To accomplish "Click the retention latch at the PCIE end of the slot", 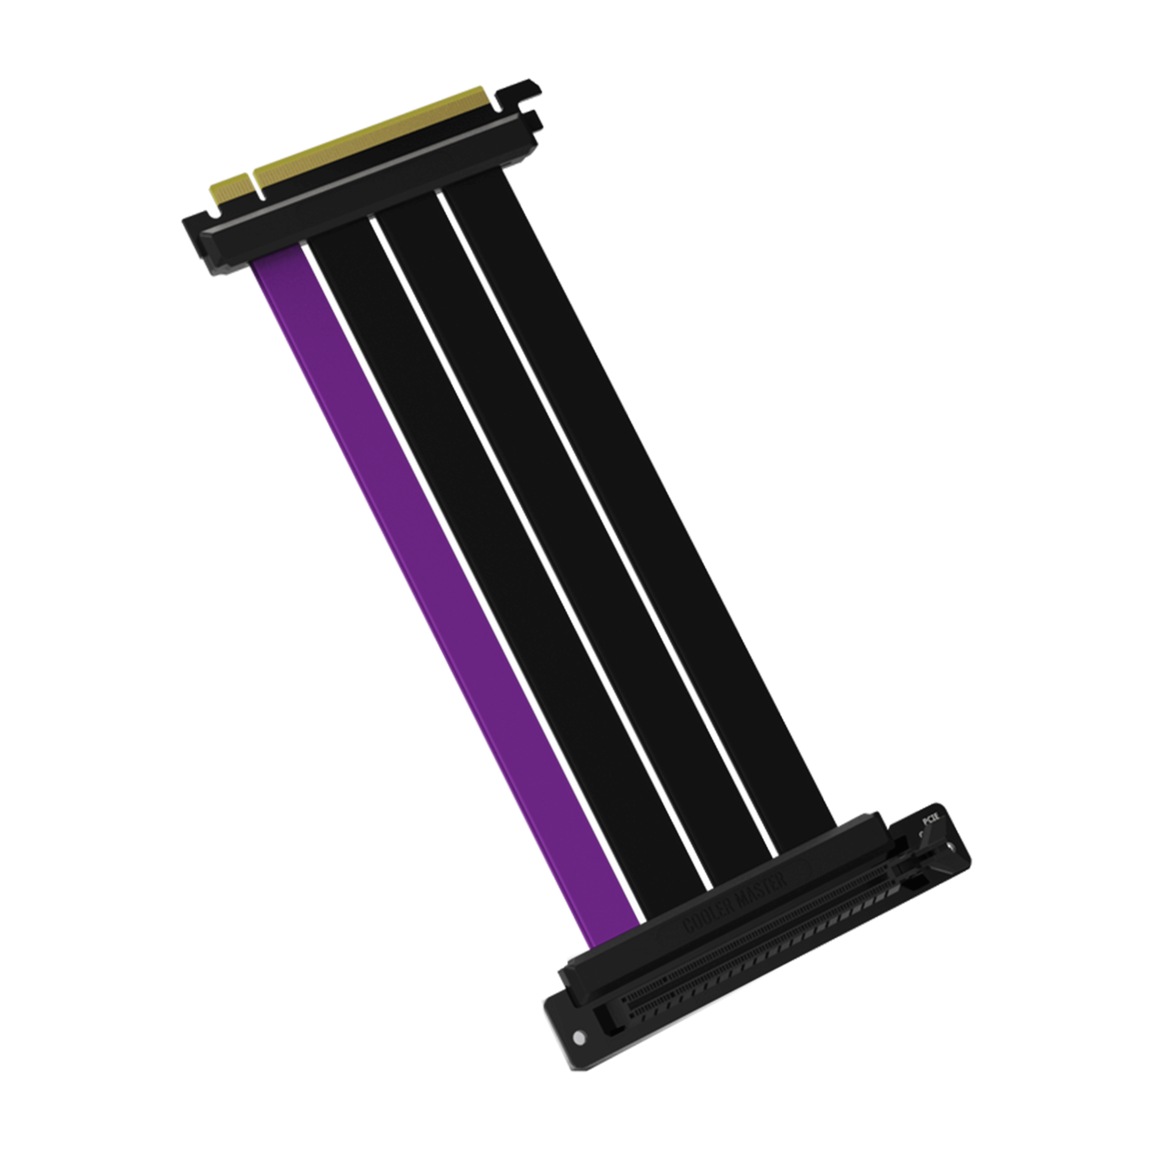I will [917, 864].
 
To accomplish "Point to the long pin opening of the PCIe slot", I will [756, 947].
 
